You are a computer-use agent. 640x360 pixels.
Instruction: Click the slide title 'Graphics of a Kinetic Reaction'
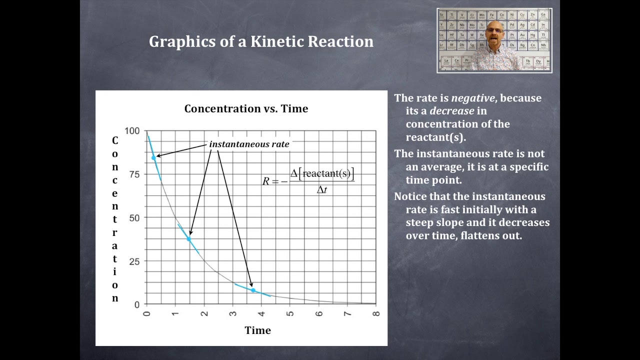[261, 41]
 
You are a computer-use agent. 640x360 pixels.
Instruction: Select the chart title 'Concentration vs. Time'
[246, 109]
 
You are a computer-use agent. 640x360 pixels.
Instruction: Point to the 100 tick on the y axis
[132, 131]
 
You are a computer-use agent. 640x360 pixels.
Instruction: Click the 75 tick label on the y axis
[134, 174]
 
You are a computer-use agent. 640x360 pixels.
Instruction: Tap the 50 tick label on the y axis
[134, 217]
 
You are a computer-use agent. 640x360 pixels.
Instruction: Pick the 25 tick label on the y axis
[134, 261]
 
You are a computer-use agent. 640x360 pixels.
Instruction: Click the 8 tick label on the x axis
[376, 313]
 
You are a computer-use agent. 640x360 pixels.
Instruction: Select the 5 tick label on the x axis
[290, 313]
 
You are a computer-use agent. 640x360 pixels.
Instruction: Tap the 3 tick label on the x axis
[232, 313]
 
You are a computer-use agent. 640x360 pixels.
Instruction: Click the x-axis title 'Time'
[257, 330]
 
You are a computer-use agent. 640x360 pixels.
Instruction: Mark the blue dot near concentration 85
[153, 158]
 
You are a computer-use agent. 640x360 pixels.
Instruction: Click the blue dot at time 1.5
[189, 239]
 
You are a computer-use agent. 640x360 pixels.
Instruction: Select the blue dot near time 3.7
[253, 290]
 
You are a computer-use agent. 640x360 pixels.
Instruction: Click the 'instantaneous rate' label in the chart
[249, 144]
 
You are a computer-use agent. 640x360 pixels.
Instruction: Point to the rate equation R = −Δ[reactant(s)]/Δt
[308, 181]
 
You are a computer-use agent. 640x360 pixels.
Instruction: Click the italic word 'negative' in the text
[472, 98]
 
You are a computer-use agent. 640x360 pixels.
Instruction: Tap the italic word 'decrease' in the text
[451, 111]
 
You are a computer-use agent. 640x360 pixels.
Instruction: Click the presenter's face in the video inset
[494, 35]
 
